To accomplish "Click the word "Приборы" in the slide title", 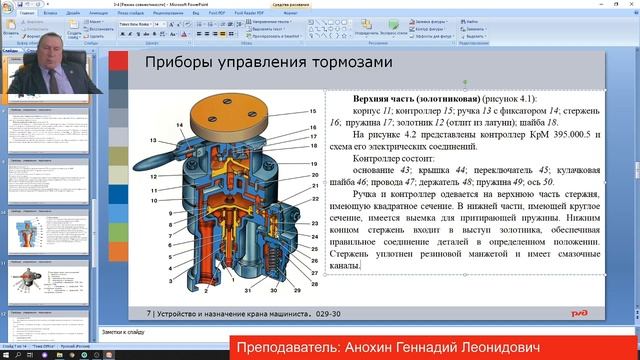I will (x=177, y=65).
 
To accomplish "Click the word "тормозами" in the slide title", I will (x=343, y=65).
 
